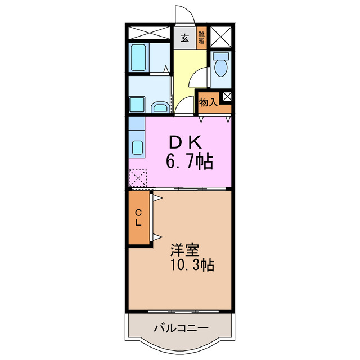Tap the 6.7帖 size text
188,163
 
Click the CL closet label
138,217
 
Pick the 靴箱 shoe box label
202,38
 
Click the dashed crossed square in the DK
137,178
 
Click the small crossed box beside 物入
226,96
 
